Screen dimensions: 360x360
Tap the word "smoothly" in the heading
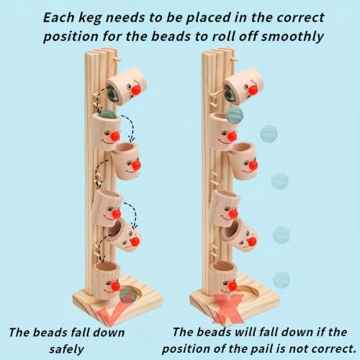(292, 37)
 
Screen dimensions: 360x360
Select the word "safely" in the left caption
(67, 349)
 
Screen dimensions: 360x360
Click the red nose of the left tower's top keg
(135, 89)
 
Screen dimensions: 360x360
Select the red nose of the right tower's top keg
(253, 90)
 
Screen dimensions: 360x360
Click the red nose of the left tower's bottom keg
(115, 286)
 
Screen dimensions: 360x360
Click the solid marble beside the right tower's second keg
(235, 116)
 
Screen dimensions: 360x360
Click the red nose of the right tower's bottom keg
(232, 286)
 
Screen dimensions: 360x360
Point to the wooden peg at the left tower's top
(117, 59)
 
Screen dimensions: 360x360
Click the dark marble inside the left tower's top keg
(113, 96)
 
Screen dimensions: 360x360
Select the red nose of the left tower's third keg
(136, 165)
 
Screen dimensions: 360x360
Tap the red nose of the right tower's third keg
(253, 165)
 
